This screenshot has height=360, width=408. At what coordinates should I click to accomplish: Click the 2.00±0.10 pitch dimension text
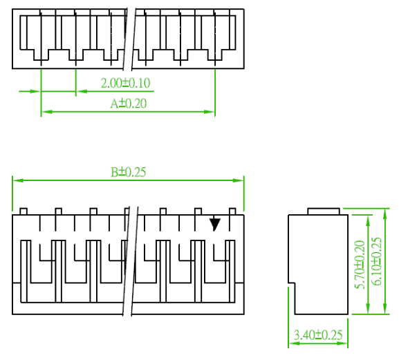click(125, 83)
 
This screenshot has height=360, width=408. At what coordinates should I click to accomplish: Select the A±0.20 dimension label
click(129, 104)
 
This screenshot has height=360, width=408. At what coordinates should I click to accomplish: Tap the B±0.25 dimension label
click(129, 172)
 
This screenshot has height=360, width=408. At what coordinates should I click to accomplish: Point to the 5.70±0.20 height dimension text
click(360, 265)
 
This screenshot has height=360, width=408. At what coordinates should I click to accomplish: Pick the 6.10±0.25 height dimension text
click(377, 261)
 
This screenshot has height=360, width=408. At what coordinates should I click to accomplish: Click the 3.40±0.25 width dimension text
click(318, 335)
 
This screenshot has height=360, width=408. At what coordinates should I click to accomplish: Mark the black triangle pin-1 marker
click(215, 225)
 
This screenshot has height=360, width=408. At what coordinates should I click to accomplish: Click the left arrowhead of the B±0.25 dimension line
click(18, 180)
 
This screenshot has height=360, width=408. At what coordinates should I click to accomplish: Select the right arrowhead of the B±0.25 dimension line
click(238, 180)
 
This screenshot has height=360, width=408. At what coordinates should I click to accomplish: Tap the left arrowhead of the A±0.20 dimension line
click(47, 112)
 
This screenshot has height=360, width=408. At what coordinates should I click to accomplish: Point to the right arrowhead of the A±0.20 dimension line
click(210, 112)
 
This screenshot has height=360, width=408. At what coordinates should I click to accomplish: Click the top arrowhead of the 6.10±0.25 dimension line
click(385, 214)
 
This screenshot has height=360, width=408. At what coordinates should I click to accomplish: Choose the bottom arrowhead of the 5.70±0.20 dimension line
click(368, 308)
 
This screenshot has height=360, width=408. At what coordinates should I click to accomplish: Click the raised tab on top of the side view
click(324, 211)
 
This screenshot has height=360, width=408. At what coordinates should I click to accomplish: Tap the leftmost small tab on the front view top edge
click(24, 211)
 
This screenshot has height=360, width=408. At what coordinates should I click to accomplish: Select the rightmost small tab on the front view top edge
click(232, 211)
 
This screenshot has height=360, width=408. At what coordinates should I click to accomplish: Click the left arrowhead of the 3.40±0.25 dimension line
click(295, 343)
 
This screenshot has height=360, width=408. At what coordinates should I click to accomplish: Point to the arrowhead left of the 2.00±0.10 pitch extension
click(35, 91)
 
